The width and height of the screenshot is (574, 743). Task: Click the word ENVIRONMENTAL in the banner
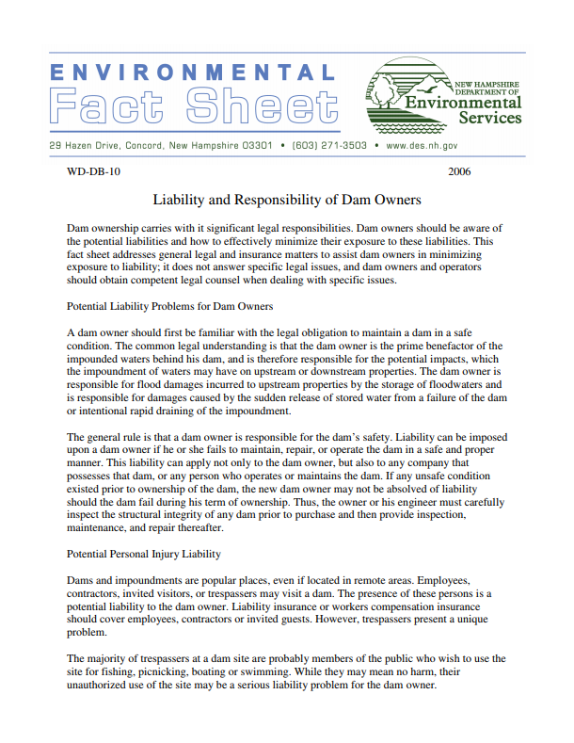[190, 73]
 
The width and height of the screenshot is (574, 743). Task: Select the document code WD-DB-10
[93, 172]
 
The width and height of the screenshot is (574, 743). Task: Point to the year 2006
[459, 172]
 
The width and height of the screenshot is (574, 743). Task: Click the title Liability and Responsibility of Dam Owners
[286, 201]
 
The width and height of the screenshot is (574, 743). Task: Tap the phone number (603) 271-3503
[329, 147]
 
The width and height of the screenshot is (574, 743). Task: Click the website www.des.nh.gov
[423, 147]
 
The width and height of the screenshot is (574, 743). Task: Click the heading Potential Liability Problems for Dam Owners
[170, 307]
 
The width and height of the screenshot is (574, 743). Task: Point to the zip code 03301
[258, 147]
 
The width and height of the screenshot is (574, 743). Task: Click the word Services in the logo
[489, 120]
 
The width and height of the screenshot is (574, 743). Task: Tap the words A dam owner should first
[125, 333]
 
